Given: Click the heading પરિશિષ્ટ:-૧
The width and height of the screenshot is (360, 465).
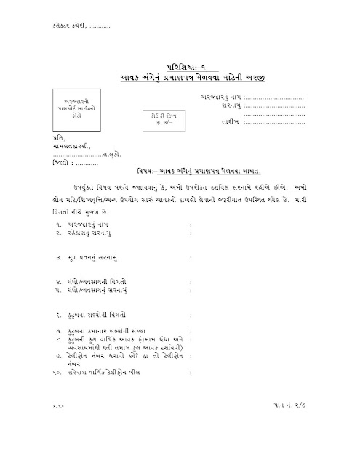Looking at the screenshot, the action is [180, 63].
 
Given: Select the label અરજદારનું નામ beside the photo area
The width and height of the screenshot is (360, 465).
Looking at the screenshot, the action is [222, 97].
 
